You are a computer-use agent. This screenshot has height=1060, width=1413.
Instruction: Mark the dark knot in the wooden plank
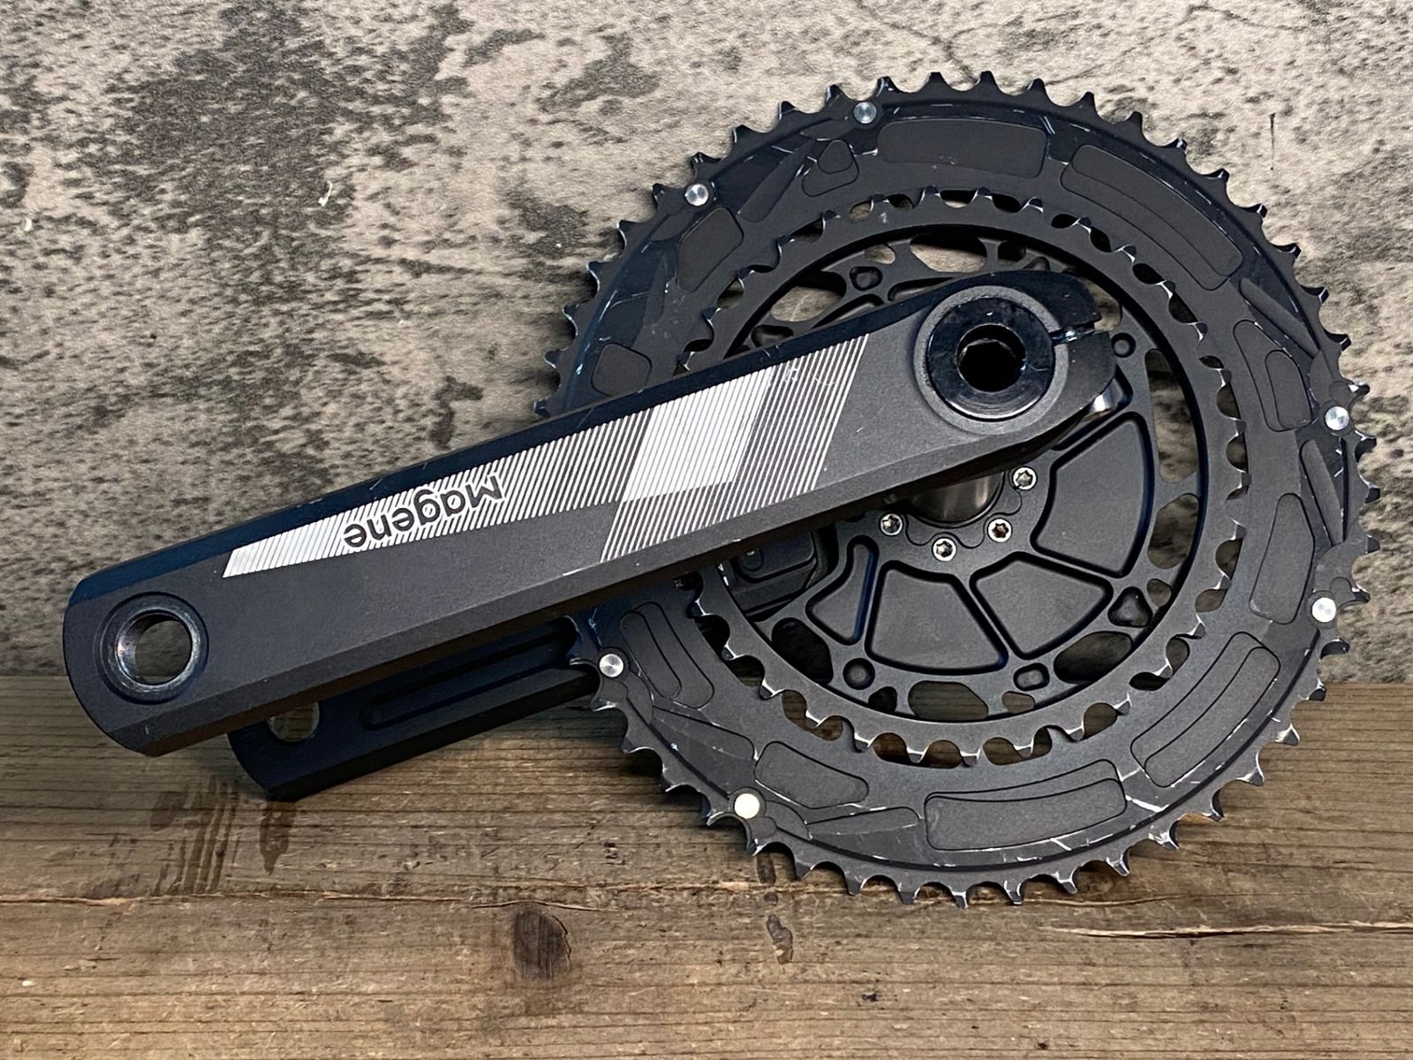[540, 943]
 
